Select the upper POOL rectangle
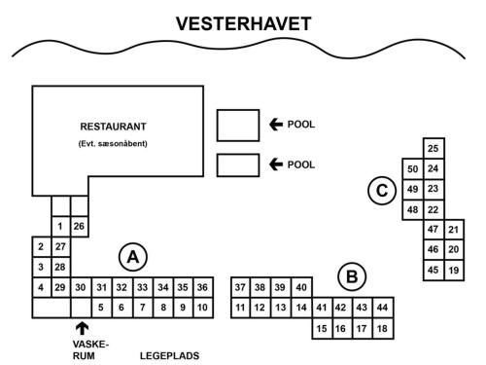point(237,125)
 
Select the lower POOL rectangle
point(237,165)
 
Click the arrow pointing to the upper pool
point(277,125)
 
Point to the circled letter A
point(132,257)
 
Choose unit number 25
point(434,149)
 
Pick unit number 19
point(454,270)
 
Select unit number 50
point(412,169)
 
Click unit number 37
point(240,288)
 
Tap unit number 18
point(383,329)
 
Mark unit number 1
point(60,227)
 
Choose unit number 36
point(202,288)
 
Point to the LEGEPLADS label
point(170,355)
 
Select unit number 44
point(383,309)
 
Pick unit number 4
point(40,288)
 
